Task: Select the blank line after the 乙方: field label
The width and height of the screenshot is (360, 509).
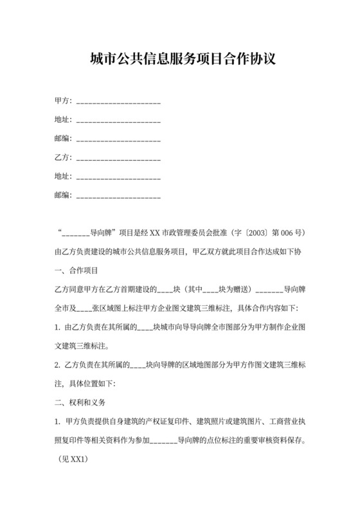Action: [x=118, y=157]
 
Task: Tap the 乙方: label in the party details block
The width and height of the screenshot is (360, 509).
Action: [x=64, y=157]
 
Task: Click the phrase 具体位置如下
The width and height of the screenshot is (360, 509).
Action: [x=97, y=384]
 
